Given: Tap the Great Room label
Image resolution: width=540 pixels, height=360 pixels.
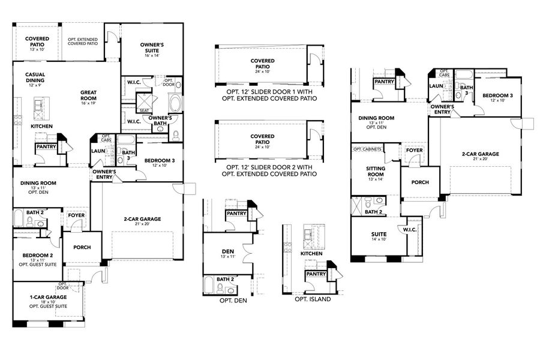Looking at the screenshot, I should (x=89, y=96).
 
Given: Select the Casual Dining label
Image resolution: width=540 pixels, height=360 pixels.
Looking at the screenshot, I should (x=35, y=78).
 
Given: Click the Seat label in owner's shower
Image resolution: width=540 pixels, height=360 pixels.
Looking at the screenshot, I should (x=144, y=110).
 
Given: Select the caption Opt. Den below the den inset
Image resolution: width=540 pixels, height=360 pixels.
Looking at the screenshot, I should (x=233, y=299).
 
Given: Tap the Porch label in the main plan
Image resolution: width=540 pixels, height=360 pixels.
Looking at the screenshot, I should (x=82, y=247).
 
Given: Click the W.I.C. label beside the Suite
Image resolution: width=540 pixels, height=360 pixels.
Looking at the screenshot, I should (x=410, y=230).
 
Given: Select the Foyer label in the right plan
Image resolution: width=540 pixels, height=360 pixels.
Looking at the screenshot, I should (x=414, y=150).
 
